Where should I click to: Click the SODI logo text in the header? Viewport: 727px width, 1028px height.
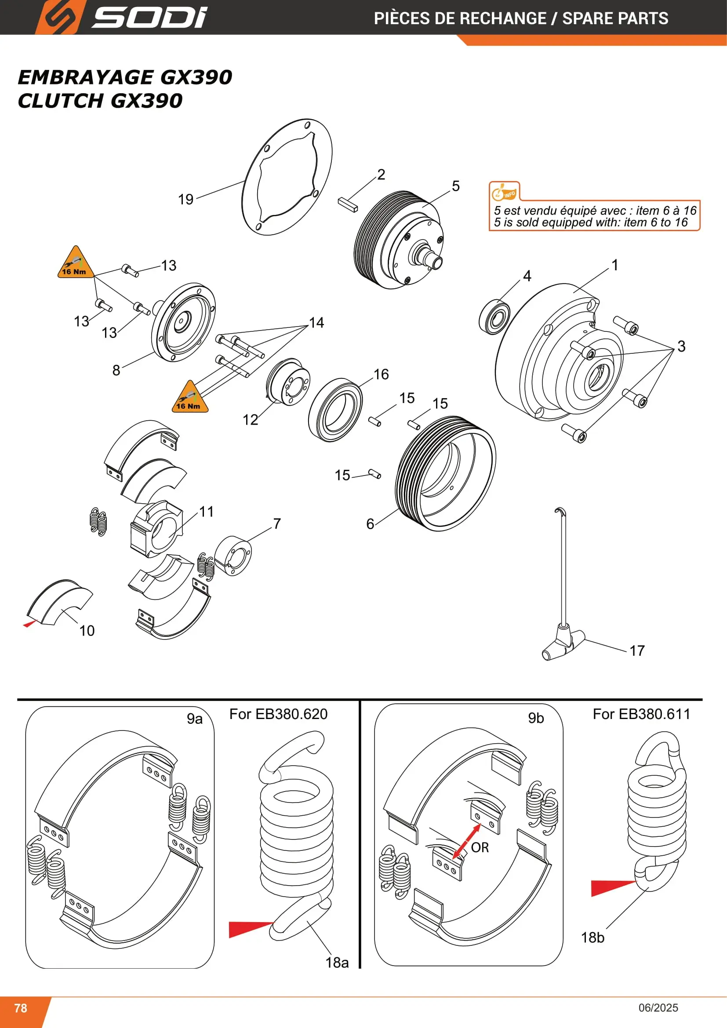[x=149, y=18]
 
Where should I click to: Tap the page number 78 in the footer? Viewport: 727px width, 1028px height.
[x=21, y=1008]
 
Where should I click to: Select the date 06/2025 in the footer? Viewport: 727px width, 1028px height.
[x=658, y=1008]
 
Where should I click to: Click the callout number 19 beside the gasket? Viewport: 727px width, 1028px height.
[x=186, y=199]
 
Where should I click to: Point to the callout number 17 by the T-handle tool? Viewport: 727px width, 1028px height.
[x=637, y=650]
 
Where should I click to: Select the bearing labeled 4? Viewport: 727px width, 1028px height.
[x=494, y=316]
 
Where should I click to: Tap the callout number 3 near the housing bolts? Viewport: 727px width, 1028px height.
[x=681, y=346]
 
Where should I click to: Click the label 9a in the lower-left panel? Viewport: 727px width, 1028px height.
[x=195, y=719]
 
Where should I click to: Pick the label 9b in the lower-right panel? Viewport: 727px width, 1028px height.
[x=536, y=718]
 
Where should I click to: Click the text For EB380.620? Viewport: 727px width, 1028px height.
[x=278, y=714]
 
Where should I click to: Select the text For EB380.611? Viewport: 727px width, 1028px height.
[x=641, y=714]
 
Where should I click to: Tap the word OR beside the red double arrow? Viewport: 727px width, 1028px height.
[x=480, y=847]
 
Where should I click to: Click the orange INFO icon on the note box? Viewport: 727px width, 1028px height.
[x=504, y=193]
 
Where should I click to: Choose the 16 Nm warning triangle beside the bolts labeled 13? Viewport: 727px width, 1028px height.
[x=76, y=263]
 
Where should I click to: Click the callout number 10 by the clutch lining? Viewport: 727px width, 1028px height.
[x=87, y=631]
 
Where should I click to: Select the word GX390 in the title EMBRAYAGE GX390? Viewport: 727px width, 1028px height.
[x=196, y=77]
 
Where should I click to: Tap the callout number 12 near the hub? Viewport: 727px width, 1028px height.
[x=250, y=420]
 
